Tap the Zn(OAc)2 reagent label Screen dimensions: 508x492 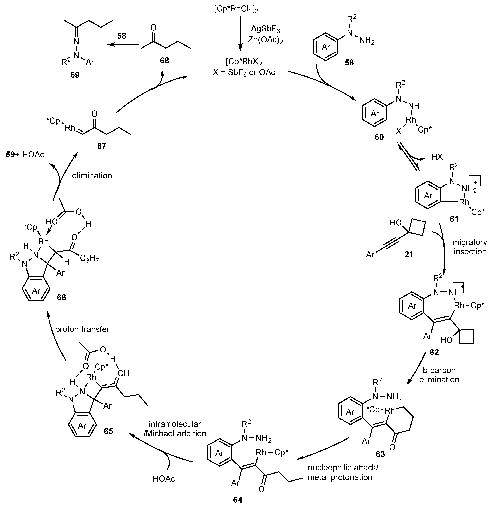265,40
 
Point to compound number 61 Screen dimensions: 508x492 454,219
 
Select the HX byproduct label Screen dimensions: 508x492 437,157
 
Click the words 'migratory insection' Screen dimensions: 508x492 470,247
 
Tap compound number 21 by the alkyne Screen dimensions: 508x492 409,255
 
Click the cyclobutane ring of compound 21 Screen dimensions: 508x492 417,228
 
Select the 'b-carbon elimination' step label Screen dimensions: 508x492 439,375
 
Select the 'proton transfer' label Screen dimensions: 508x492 82,329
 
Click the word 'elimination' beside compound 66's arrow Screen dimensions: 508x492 92,176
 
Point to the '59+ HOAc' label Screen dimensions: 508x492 25,155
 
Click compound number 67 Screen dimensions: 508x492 101,146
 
